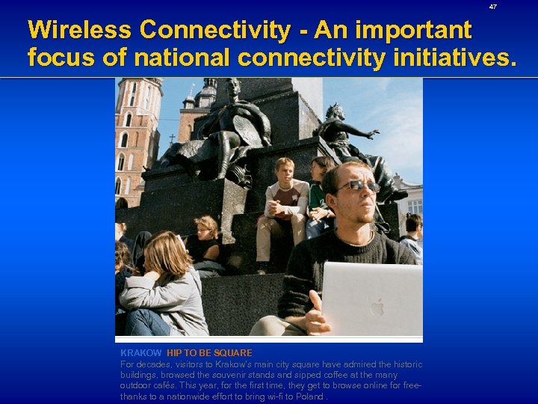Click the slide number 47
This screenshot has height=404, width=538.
click(x=492, y=7)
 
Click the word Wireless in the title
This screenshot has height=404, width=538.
click(x=80, y=30)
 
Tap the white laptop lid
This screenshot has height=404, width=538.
click(x=371, y=299)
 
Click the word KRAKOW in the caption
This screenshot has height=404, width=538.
click(x=140, y=352)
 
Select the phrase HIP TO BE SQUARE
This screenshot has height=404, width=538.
click(x=209, y=352)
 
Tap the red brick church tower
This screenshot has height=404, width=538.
click(x=136, y=135)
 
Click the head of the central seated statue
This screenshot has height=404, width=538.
click(x=232, y=87)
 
